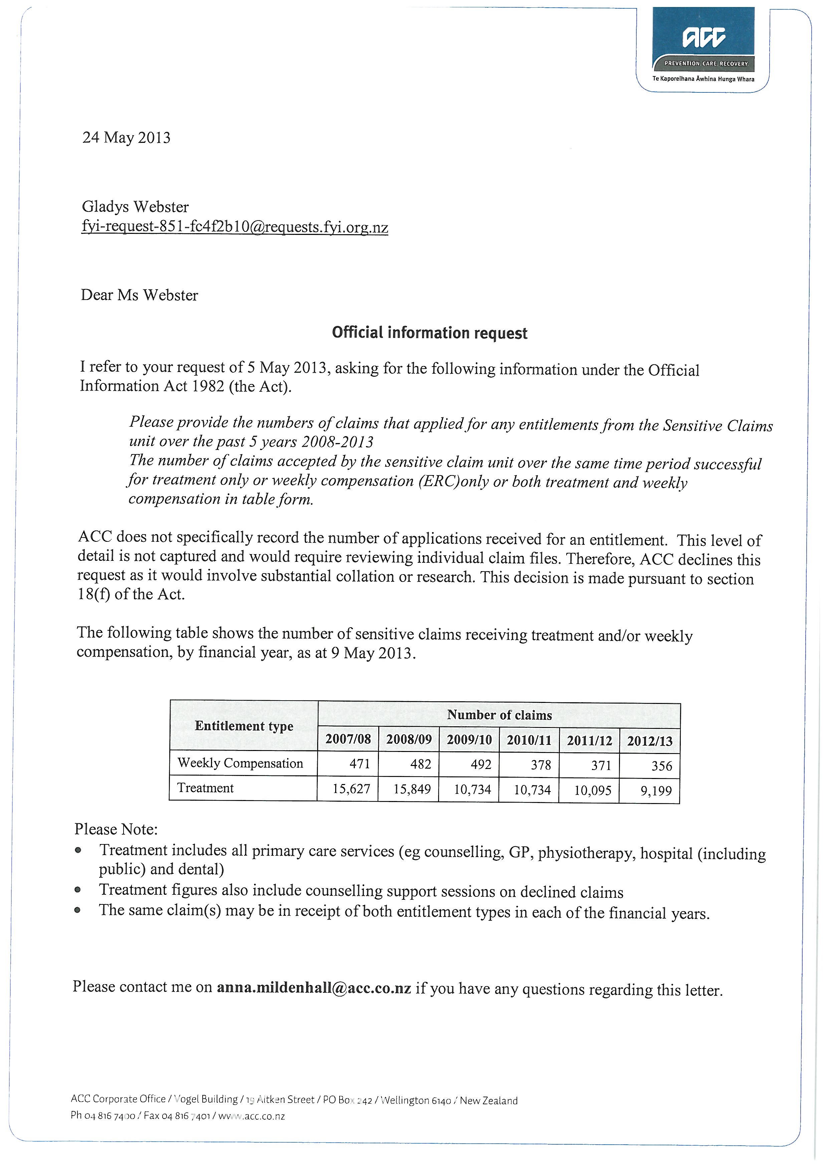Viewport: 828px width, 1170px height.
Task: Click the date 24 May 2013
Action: pos(127,137)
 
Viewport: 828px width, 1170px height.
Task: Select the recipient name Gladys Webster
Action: pos(135,207)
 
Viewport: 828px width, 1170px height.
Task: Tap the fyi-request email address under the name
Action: pos(234,227)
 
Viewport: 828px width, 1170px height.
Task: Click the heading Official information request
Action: pos(429,333)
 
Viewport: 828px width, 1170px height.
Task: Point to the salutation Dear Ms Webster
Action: pos(139,295)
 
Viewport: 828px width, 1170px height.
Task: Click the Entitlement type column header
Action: pos(244,726)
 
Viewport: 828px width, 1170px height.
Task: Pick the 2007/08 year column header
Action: pos(348,739)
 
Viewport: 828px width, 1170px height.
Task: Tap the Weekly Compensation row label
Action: pos(240,763)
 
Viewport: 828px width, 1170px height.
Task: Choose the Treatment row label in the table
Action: pos(205,788)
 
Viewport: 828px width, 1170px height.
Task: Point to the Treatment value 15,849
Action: pos(412,789)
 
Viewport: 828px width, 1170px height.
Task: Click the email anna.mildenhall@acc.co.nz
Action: pos(314,988)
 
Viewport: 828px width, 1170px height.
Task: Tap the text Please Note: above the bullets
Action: pos(116,829)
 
